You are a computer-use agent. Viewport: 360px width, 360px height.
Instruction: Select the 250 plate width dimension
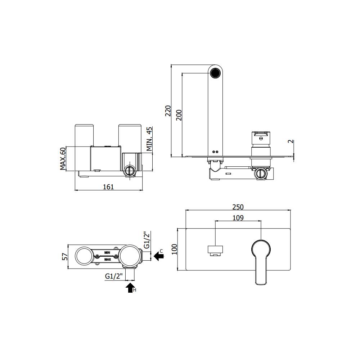click(238, 207)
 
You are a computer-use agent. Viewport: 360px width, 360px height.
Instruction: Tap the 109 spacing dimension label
click(238, 218)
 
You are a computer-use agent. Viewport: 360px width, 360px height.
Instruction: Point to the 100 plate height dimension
click(175, 249)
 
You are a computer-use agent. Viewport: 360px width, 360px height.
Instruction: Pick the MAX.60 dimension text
click(63, 158)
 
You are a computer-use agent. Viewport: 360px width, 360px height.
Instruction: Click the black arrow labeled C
click(158, 256)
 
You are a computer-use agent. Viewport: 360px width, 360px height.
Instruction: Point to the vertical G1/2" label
click(147, 240)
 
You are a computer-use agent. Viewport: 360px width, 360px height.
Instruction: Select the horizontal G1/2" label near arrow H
click(114, 276)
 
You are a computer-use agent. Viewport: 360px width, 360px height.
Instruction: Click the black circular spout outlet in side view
click(215, 72)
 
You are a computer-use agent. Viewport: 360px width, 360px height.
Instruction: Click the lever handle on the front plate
click(261, 258)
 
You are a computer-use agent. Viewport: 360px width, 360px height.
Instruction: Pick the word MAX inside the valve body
click(107, 259)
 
